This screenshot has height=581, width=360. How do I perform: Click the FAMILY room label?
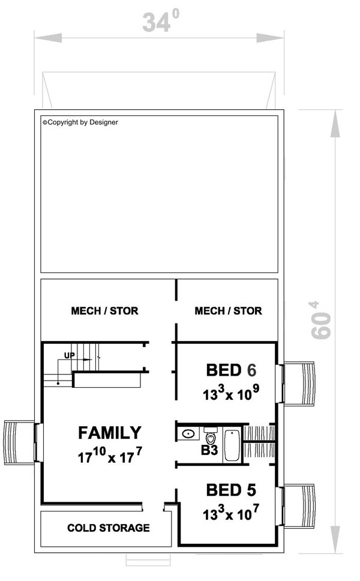pyautogui.click(x=110, y=432)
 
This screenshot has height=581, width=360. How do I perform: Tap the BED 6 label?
pyautogui.click(x=231, y=370)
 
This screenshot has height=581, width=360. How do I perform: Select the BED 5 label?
pyautogui.click(x=231, y=490)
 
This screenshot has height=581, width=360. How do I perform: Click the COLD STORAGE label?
pyautogui.click(x=109, y=528)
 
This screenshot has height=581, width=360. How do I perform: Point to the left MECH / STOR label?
pyautogui.click(x=104, y=310)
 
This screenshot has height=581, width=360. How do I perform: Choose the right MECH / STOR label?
pyautogui.click(x=228, y=310)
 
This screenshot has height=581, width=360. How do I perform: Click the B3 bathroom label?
pyautogui.click(x=209, y=451)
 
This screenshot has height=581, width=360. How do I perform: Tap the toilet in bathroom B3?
pyautogui.click(x=211, y=436)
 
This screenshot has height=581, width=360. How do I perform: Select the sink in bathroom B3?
pyautogui.click(x=189, y=433)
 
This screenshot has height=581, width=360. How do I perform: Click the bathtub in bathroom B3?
pyautogui.click(x=232, y=445)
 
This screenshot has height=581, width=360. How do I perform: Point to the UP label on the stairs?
pyautogui.click(x=69, y=355)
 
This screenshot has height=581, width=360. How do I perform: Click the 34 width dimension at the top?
pyautogui.click(x=160, y=21)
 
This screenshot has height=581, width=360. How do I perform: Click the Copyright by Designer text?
pyautogui.click(x=80, y=122)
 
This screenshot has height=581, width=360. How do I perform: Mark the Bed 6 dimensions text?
pyautogui.click(x=231, y=393)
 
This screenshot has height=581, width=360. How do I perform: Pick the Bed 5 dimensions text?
pyautogui.click(x=231, y=513)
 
